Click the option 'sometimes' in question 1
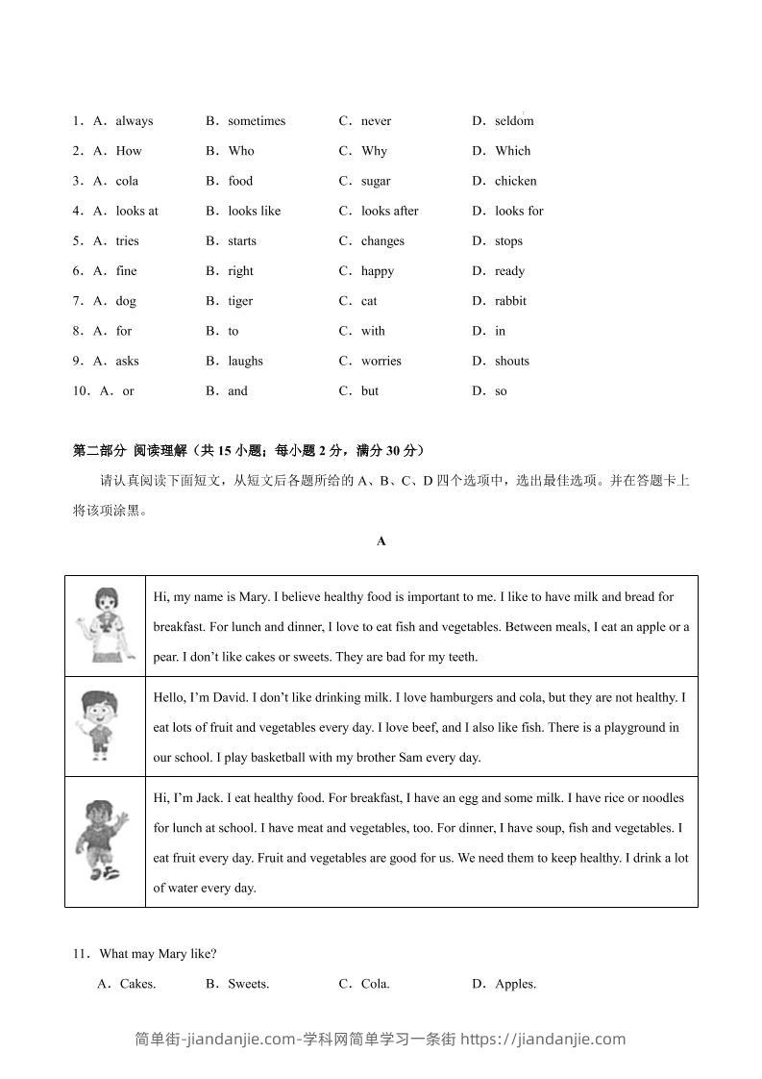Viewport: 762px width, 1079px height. click(x=257, y=121)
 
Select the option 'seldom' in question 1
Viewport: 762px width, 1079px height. click(x=514, y=121)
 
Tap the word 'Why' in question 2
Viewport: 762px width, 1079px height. click(x=374, y=151)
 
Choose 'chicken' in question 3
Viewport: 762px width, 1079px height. click(x=516, y=181)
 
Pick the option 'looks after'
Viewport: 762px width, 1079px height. click(x=389, y=211)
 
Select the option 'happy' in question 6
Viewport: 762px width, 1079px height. click(x=378, y=271)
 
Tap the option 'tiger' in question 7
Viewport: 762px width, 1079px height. click(x=240, y=301)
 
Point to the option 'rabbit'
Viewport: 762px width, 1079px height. click(x=510, y=301)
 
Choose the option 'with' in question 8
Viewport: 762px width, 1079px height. click(x=373, y=331)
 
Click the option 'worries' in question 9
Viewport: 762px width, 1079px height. click(x=381, y=362)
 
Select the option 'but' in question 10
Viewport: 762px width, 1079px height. click(x=370, y=391)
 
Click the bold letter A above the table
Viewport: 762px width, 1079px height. click(x=381, y=541)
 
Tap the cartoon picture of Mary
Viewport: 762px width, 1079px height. click(x=105, y=625)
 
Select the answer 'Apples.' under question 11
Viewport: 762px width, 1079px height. click(x=515, y=984)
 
